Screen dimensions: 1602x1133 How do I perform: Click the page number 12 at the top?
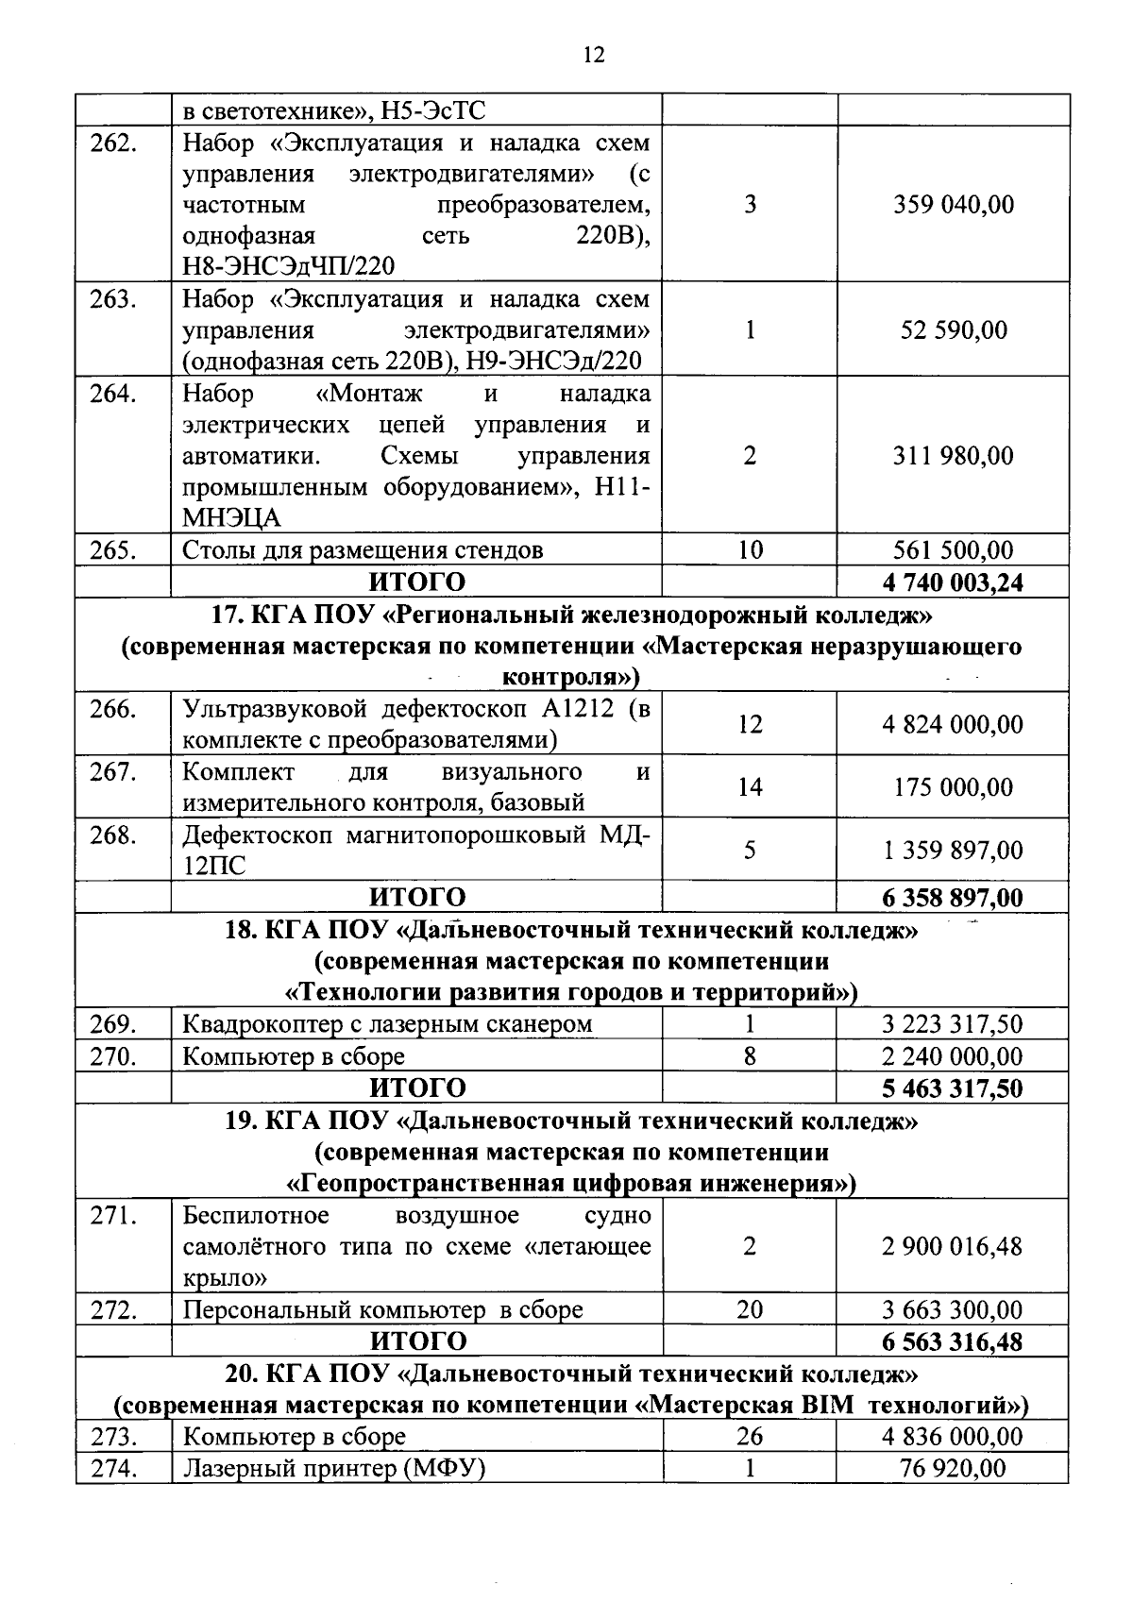tap(594, 55)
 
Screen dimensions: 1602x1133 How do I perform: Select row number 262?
tap(113, 143)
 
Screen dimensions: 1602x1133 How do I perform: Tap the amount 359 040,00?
tap(954, 205)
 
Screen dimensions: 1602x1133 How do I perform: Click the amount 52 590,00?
tap(954, 330)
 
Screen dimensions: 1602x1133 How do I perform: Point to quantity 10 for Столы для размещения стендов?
tap(750, 550)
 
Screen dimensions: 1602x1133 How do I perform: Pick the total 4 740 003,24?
tap(953, 582)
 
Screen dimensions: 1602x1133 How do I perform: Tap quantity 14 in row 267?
tap(750, 787)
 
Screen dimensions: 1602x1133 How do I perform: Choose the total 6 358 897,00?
tap(953, 897)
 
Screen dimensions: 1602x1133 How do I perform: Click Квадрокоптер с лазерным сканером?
tap(387, 1024)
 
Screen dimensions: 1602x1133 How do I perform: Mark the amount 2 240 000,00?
tap(953, 1056)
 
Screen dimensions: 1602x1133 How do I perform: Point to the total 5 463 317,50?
tap(953, 1088)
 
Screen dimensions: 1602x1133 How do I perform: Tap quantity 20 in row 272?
tap(750, 1310)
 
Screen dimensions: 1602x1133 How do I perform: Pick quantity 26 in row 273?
tap(750, 1437)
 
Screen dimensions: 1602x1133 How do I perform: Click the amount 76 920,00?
tap(953, 1469)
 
